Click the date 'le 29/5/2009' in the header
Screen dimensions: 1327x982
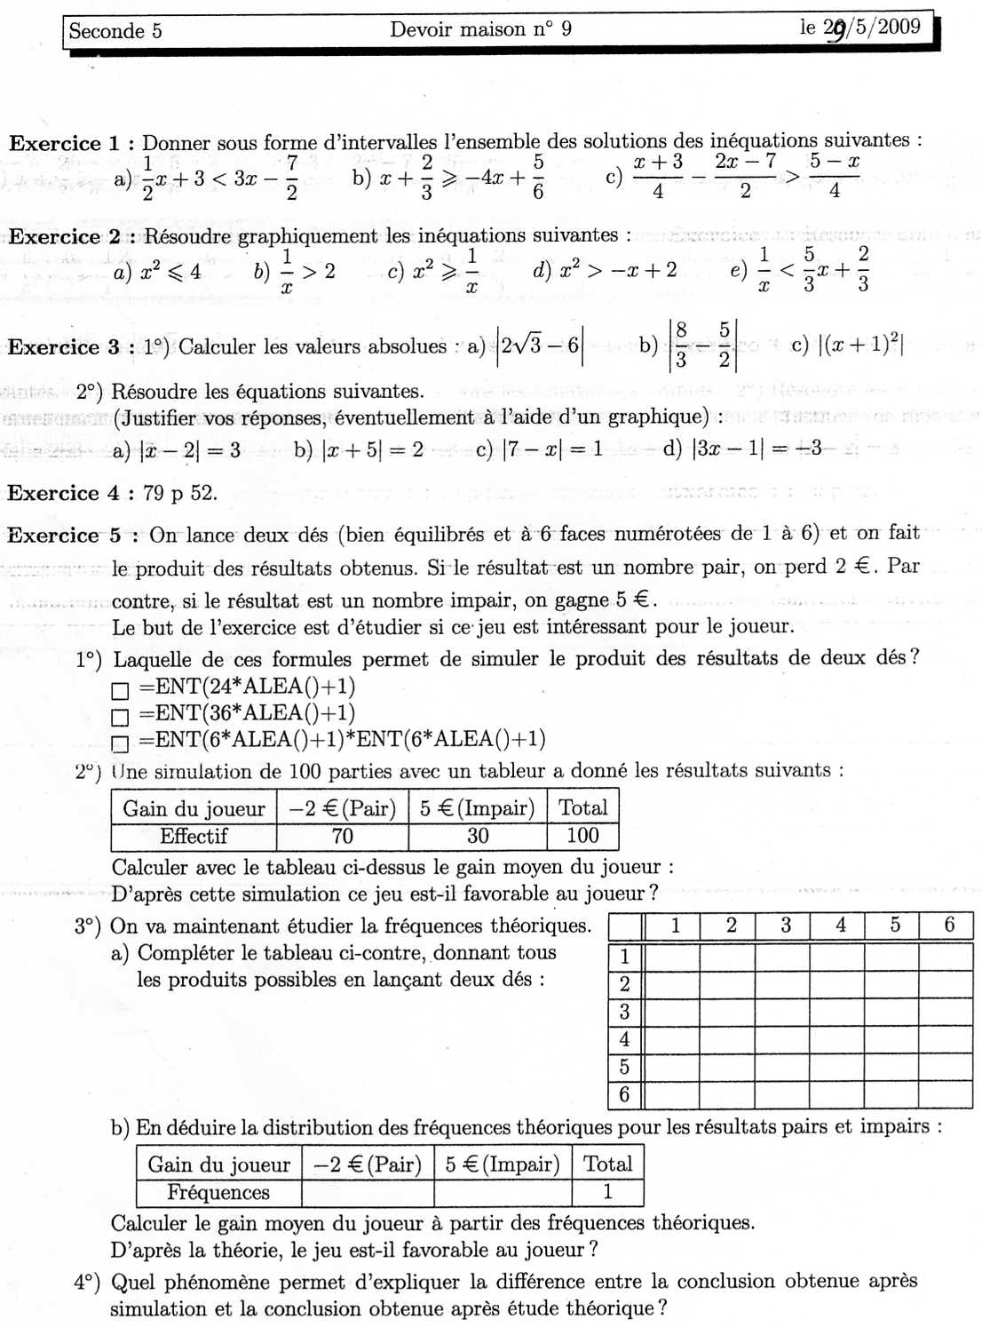(x=859, y=28)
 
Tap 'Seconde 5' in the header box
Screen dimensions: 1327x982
(x=115, y=31)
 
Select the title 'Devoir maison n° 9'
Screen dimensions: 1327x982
(x=480, y=29)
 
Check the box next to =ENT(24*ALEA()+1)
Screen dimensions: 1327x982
(x=120, y=690)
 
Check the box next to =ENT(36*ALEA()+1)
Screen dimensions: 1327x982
(x=120, y=717)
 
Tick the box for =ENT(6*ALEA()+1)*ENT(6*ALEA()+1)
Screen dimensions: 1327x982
(x=120, y=743)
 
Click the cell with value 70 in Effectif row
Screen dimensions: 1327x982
(x=342, y=836)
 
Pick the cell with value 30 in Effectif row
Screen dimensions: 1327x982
(x=478, y=836)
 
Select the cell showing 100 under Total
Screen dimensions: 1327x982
(x=582, y=836)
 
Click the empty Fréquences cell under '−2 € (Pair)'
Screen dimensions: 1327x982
(x=368, y=1192)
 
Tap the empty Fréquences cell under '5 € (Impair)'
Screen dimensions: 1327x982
(x=503, y=1192)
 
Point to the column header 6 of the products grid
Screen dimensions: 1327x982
(x=948, y=926)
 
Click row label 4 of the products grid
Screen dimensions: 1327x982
(x=624, y=1039)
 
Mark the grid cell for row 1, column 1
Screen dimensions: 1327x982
(x=672, y=957)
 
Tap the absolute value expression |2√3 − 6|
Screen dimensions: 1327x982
(x=539, y=346)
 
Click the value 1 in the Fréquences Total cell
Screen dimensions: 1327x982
(x=607, y=1192)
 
